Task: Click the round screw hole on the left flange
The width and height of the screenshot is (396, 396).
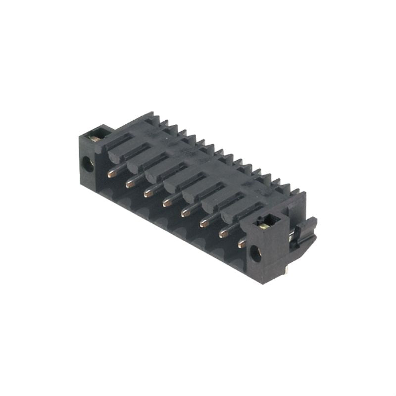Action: click(x=87, y=164)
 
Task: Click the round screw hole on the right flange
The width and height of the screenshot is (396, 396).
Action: click(x=255, y=254)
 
